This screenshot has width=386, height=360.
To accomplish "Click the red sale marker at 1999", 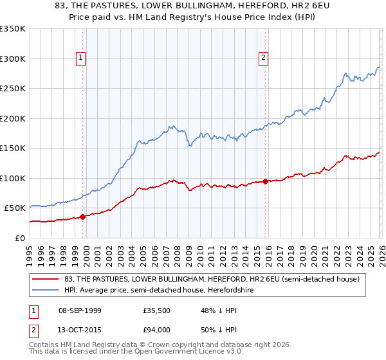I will (83, 217).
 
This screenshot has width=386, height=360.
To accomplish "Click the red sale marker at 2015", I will (266, 181).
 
